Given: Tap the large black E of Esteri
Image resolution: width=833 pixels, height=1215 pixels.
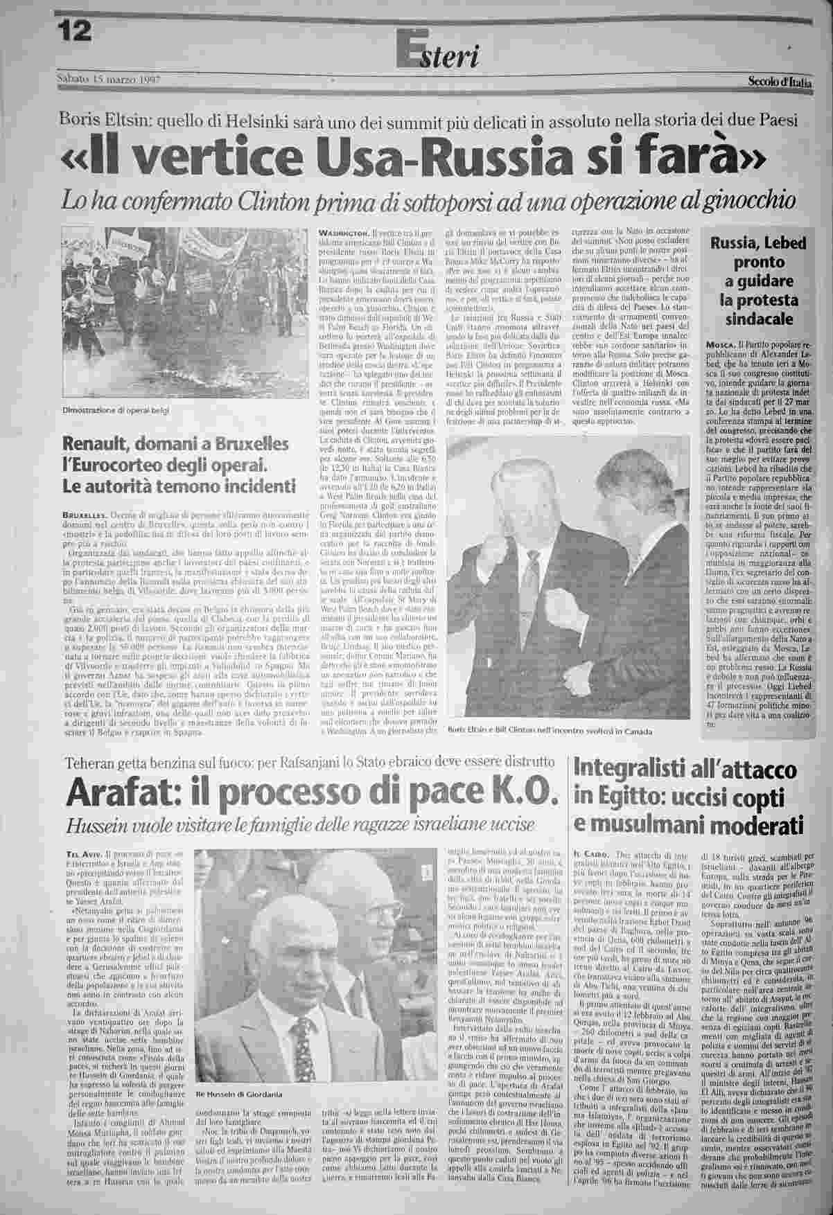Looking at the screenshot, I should click(407, 48).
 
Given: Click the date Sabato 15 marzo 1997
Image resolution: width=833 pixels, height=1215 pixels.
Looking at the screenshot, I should click(108, 79).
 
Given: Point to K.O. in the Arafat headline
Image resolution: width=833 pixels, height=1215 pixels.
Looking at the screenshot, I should click(522, 791).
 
